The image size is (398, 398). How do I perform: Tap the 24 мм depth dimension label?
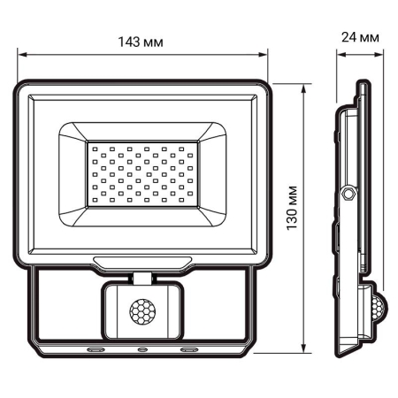tap(362, 36)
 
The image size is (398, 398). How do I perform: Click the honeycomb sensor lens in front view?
tap(142, 311)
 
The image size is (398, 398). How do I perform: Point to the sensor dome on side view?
tap(378, 309)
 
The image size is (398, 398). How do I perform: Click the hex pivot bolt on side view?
tap(349, 192)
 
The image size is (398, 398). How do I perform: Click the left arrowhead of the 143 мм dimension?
tap(19, 56)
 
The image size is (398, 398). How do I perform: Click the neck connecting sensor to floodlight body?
tap(142, 278)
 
